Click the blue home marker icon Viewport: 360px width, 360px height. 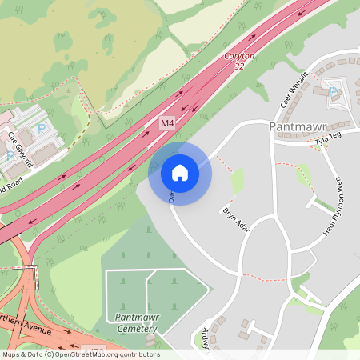[180, 172]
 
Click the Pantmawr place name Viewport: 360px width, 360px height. [298, 126]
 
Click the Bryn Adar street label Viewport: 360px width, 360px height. [236, 221]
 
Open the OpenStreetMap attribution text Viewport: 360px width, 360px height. [80, 354]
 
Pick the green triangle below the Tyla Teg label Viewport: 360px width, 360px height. [303, 175]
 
